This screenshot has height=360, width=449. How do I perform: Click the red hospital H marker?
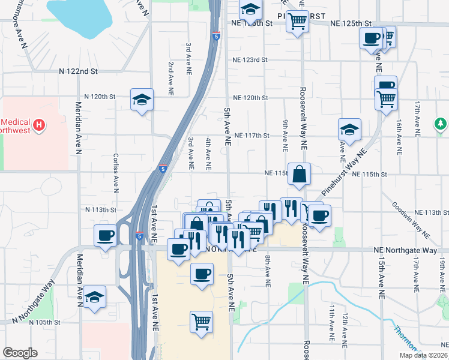click(39, 125)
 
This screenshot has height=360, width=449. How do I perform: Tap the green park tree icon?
click(441, 124)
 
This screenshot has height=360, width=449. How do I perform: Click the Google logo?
click(20, 353)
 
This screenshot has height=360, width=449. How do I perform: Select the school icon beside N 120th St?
click(142, 100)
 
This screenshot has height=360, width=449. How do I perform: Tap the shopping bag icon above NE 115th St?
click(299, 175)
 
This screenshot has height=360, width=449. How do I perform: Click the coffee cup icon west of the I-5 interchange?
click(106, 235)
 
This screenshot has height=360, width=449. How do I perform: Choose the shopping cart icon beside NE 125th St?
click(297, 22)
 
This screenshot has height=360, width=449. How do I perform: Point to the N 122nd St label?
click(78, 71)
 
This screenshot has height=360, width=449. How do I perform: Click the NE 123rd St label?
click(250, 60)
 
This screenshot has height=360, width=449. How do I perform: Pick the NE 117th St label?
click(252, 136)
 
